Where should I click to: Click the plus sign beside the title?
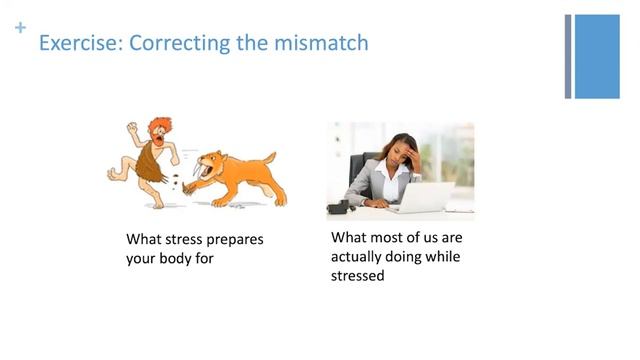[19, 29]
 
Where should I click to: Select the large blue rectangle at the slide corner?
[597, 56]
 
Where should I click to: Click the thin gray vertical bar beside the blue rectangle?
[568, 56]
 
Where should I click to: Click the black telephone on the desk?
[340, 207]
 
